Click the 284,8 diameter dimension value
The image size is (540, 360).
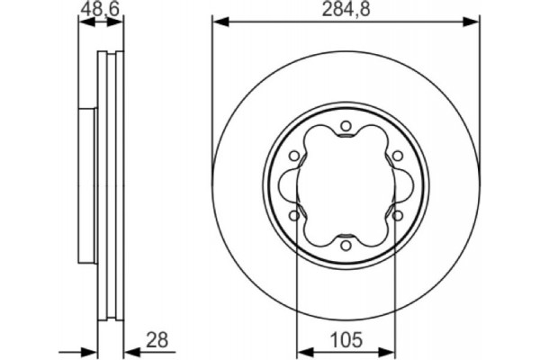pos(346,12)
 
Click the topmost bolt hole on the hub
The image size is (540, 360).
pos(346,128)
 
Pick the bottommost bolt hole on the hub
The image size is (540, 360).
pos(346,242)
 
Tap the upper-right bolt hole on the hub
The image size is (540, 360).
pos(395,157)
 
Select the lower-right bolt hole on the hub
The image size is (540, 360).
pos(395,213)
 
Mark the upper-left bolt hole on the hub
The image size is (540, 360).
pos(296,157)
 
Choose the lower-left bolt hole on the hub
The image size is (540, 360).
pos(296,213)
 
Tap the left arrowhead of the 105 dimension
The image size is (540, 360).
pos(301,349)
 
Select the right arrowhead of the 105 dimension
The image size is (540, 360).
pos(390,349)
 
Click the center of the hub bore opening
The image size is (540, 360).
pos(346,184)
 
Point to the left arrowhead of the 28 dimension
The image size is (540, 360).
pos(91,349)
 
